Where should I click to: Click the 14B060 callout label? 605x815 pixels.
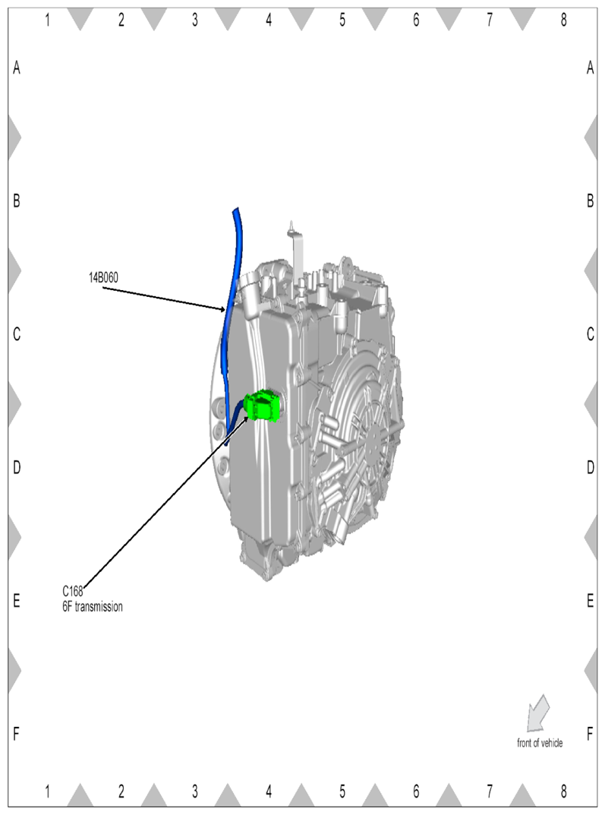coord(103,277)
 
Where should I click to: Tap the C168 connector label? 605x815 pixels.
coord(73,592)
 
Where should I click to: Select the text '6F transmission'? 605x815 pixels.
coord(93,607)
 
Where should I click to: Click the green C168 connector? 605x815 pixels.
coord(263,406)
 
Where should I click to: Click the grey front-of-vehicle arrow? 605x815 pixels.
coord(537,713)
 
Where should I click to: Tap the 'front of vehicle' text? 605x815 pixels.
coord(540,743)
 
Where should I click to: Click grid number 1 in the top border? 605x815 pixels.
coord(47,21)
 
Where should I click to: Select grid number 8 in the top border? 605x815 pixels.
coord(563,21)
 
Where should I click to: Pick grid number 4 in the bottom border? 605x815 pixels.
coord(269,791)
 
